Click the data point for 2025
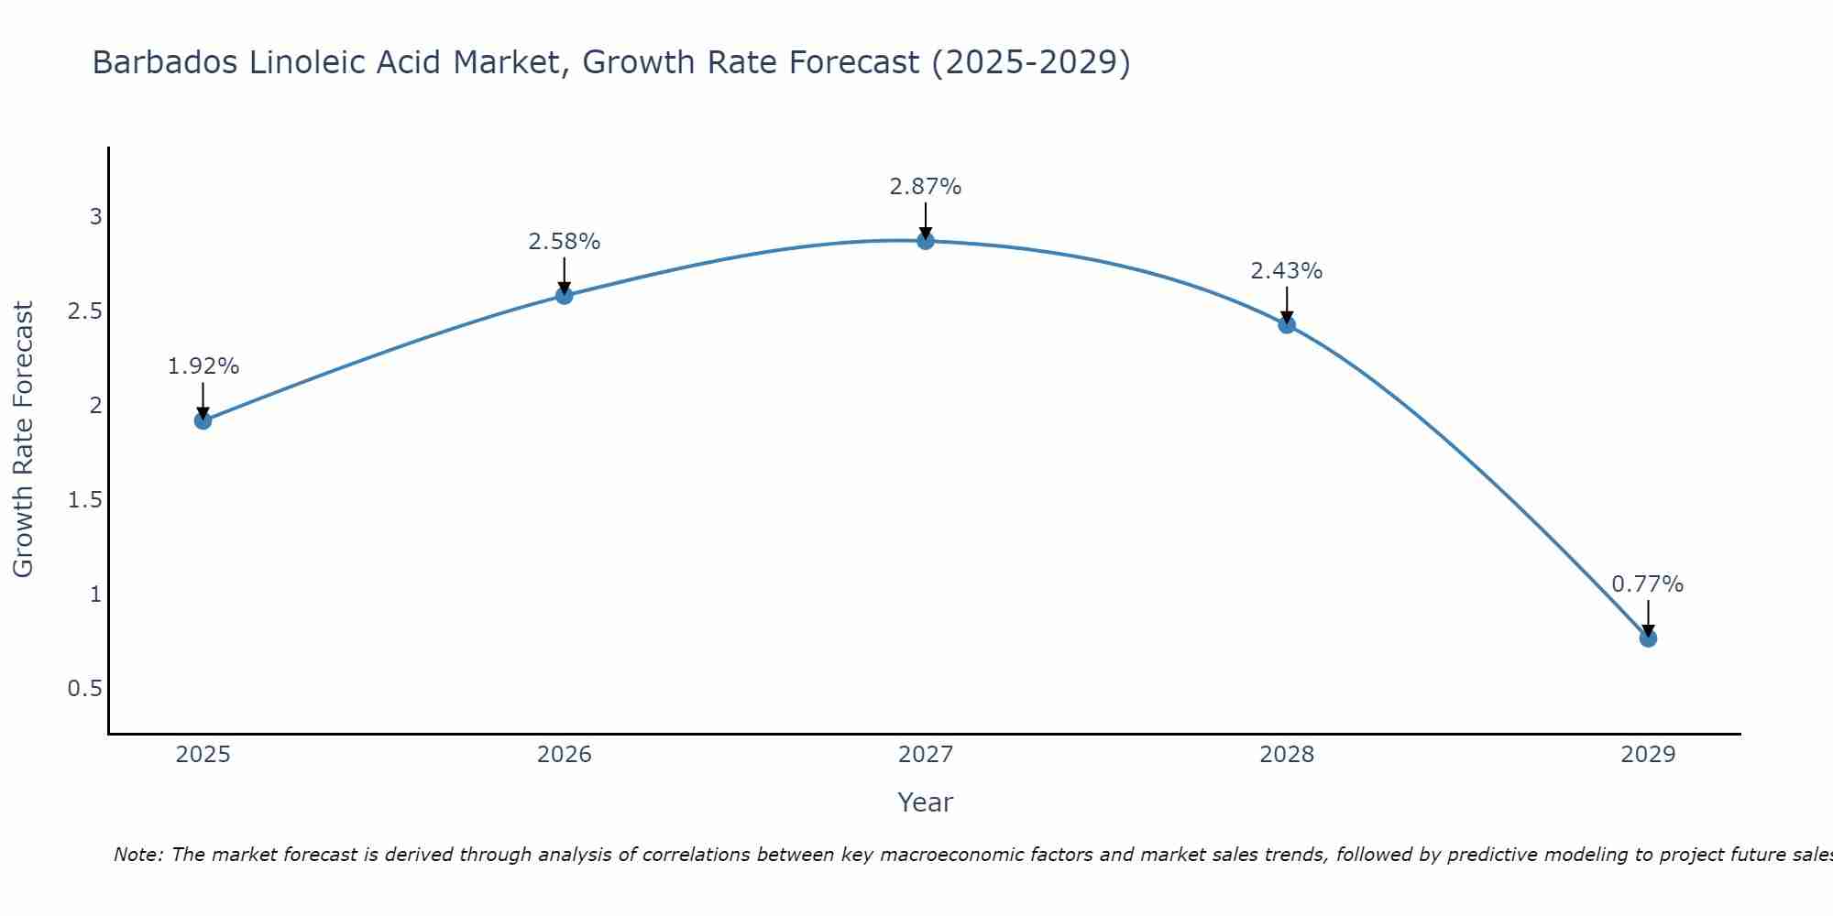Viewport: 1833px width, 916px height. pyautogui.click(x=203, y=420)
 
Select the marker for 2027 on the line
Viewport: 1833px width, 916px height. pyautogui.click(x=926, y=241)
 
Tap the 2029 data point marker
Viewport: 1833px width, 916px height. pyautogui.click(x=1648, y=638)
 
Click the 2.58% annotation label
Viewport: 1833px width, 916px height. pyautogui.click(x=565, y=242)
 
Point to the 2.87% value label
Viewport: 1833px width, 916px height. pyautogui.click(x=926, y=187)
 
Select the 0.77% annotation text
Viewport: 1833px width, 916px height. pyautogui.click(x=1648, y=584)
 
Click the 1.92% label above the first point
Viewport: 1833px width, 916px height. pyautogui.click(x=203, y=366)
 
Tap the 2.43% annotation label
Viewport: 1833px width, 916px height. pyautogui.click(x=1287, y=271)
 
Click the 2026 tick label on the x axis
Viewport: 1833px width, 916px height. pyautogui.click(x=565, y=755)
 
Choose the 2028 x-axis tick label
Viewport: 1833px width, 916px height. pyautogui.click(x=1287, y=755)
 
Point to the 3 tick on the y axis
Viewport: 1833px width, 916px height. pyautogui.click(x=95, y=217)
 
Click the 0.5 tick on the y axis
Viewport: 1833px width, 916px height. pyautogui.click(x=85, y=689)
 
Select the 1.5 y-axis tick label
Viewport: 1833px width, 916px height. pyautogui.click(x=85, y=500)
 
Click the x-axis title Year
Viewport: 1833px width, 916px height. pyautogui.click(x=926, y=802)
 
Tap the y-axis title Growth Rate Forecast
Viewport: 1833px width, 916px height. pyautogui.click(x=24, y=440)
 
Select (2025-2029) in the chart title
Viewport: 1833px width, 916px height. pyautogui.click(x=1031, y=63)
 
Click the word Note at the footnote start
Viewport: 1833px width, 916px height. pyautogui.click(x=137, y=856)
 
